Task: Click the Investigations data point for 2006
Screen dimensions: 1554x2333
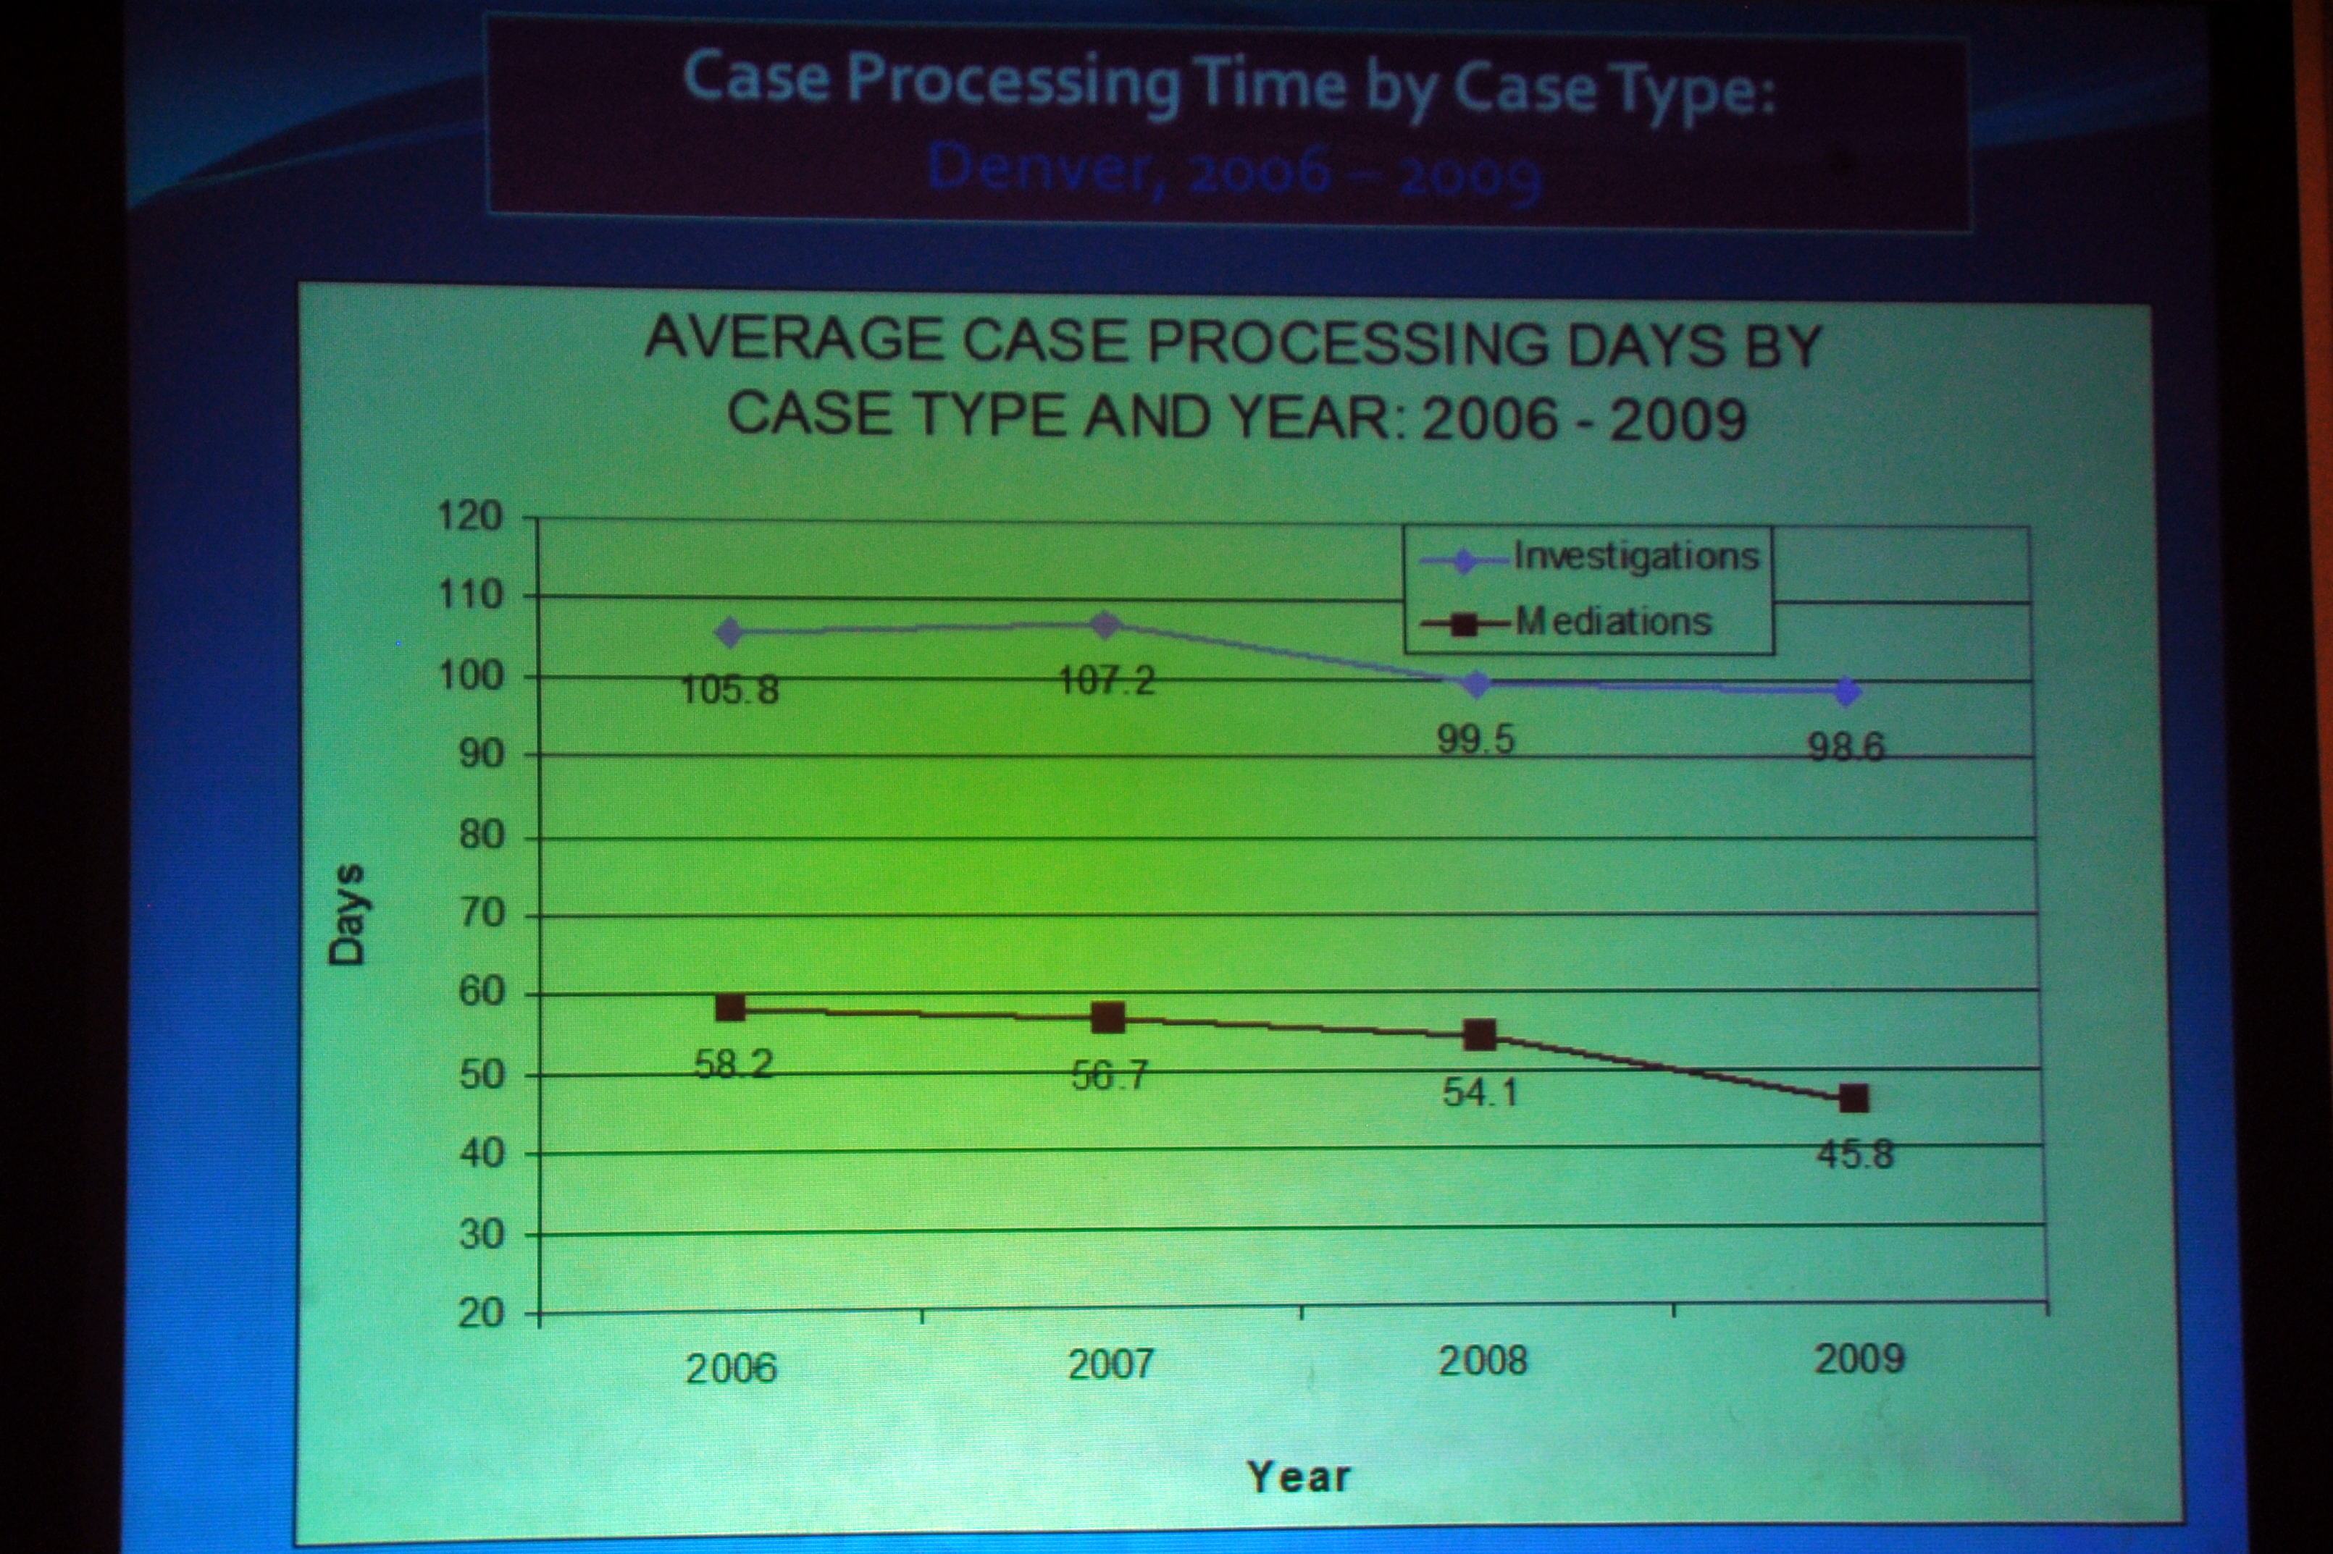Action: (730, 631)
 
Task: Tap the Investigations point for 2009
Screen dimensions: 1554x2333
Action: (1846, 692)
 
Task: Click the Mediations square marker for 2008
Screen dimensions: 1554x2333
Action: (1479, 1036)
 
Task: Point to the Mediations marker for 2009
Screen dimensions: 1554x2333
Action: (1853, 1098)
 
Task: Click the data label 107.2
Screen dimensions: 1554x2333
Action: (1107, 681)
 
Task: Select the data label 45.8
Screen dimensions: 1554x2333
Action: (1854, 1154)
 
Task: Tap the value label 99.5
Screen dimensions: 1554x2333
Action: (1476, 739)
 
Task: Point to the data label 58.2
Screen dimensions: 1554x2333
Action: (733, 1065)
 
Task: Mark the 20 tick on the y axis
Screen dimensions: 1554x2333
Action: (481, 1314)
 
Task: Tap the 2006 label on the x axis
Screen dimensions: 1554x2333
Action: (732, 1369)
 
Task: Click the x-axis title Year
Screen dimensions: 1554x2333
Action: (1299, 1477)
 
